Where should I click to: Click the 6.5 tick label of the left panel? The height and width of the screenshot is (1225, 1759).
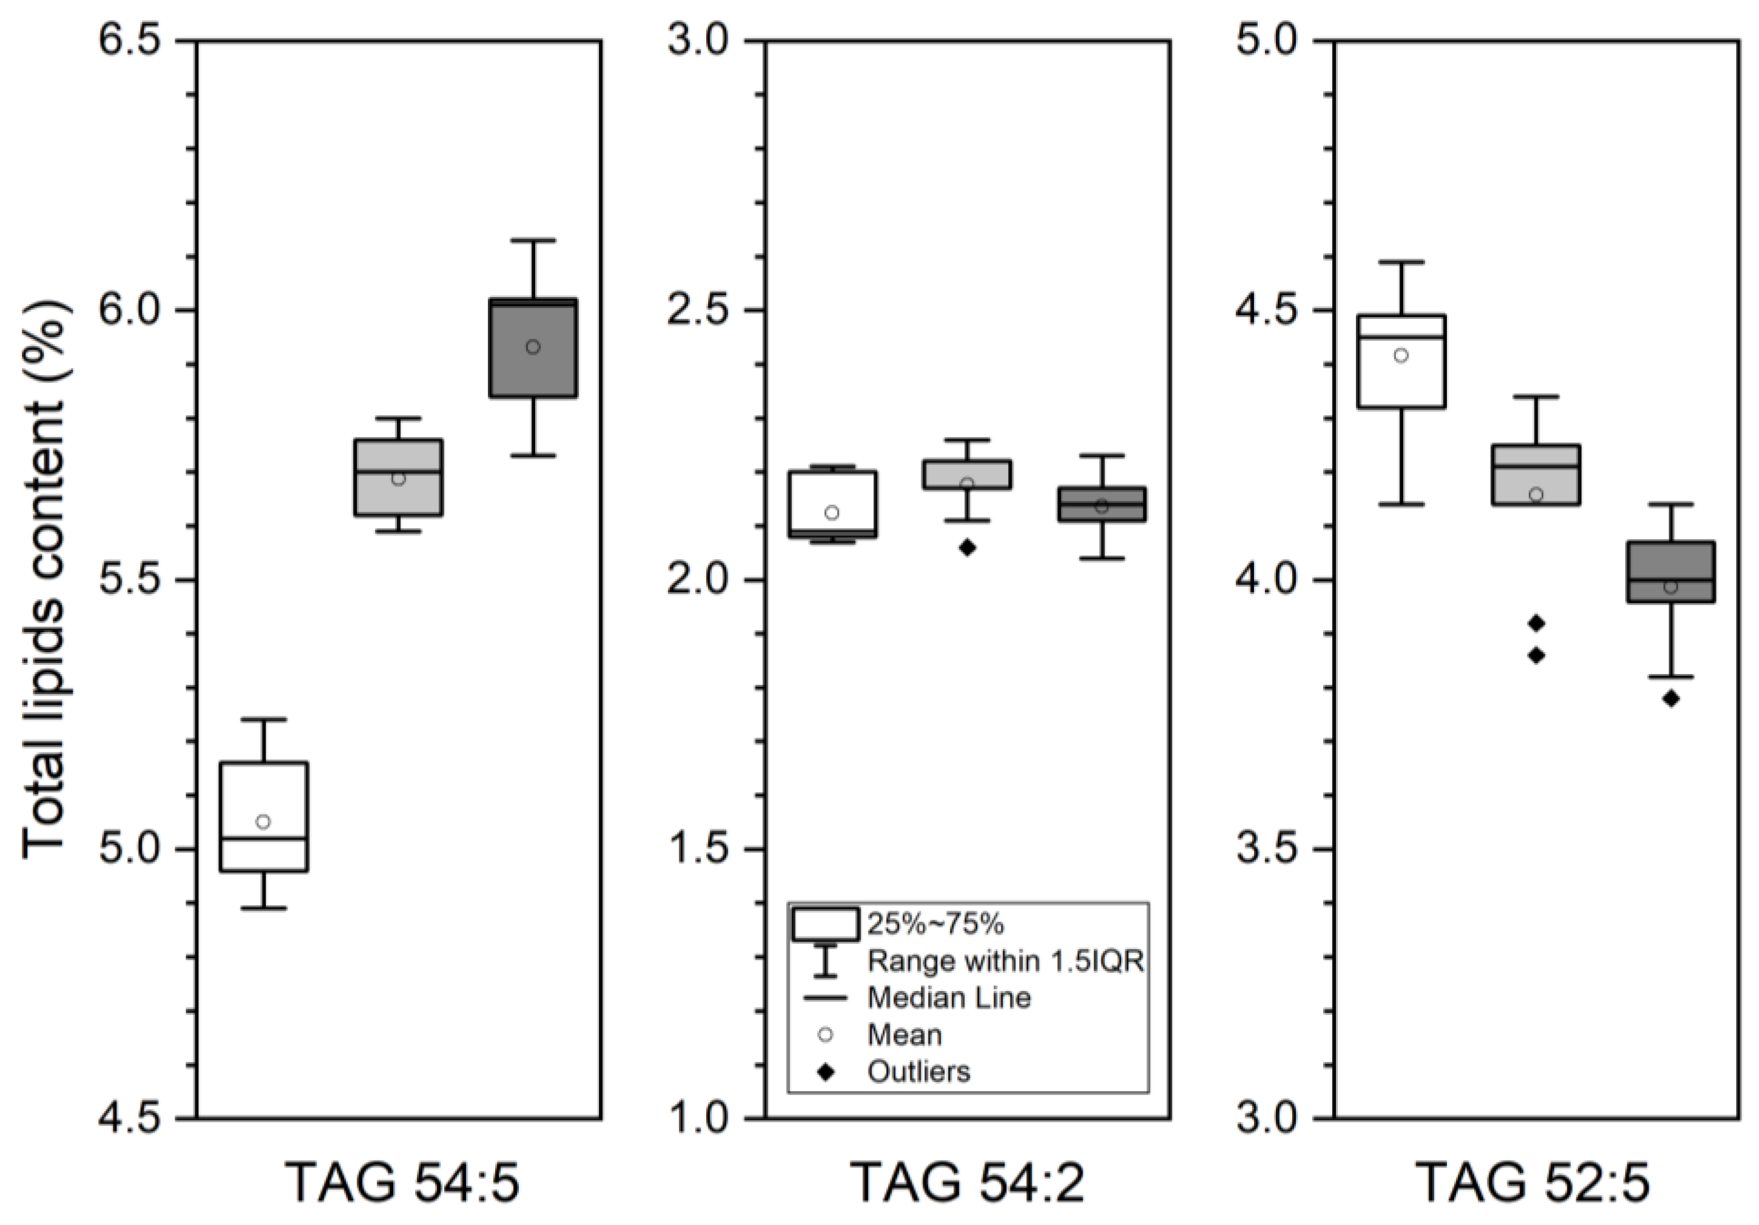(134, 41)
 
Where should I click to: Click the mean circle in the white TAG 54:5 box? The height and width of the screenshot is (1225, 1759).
(263, 821)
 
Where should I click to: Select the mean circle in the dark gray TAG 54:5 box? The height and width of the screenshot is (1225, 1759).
(533, 347)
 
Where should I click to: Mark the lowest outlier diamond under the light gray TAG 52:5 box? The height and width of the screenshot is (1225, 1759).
(1536, 655)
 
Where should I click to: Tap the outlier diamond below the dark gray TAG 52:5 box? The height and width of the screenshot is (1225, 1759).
(1671, 699)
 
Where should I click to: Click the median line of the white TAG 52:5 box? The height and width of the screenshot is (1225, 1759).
(1401, 337)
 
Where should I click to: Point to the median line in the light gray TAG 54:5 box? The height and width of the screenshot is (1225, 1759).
(398, 472)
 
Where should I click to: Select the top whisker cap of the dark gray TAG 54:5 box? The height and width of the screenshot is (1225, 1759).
(533, 241)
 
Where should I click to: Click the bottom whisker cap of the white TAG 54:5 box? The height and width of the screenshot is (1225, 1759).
(264, 909)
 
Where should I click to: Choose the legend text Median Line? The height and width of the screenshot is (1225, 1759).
(949, 998)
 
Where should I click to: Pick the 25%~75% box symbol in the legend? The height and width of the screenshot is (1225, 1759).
(825, 924)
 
